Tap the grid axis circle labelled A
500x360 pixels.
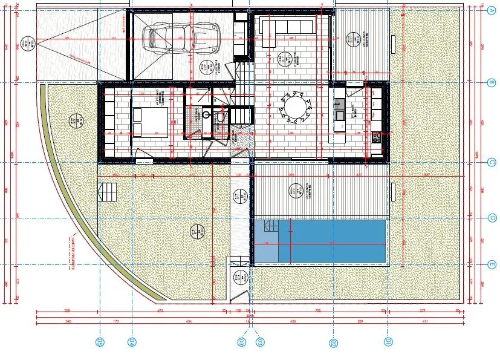[492, 10]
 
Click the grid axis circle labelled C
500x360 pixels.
[492, 162]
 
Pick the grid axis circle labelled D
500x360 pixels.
[492, 218]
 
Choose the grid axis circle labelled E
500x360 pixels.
[492, 264]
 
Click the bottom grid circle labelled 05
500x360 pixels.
[100, 343]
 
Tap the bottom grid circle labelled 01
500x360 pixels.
[387, 343]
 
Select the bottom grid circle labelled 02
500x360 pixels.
[334, 343]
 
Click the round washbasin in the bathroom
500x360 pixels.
[207, 113]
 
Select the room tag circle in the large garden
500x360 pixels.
[195, 230]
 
